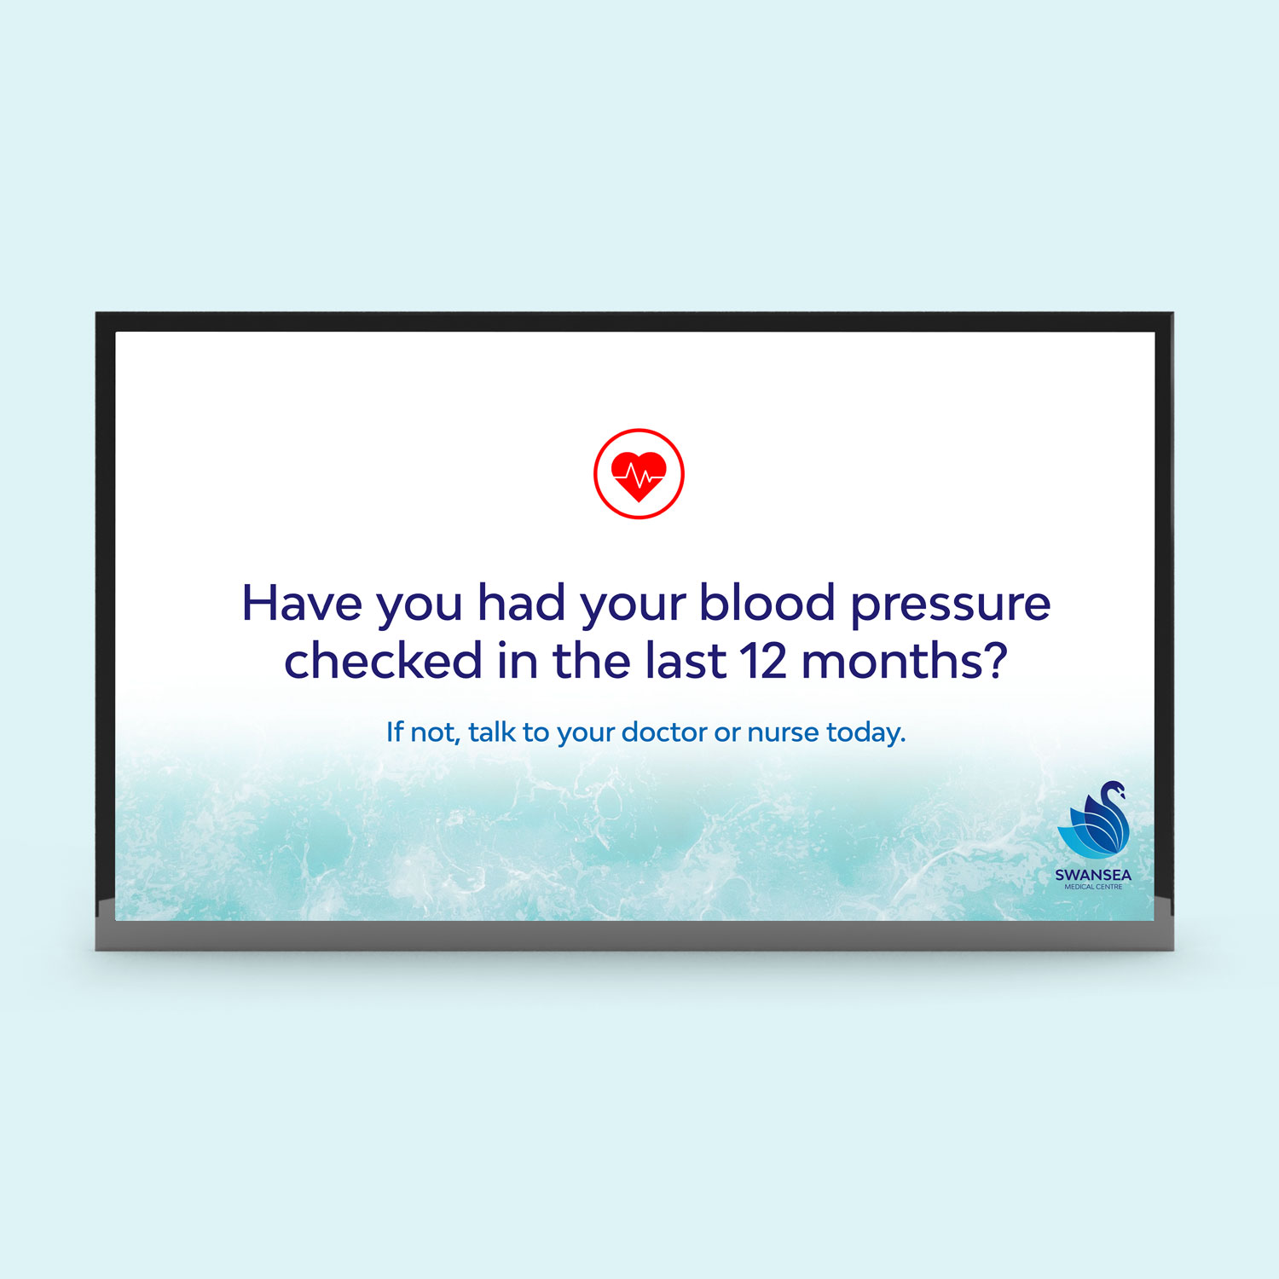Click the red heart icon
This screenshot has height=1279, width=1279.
tap(639, 474)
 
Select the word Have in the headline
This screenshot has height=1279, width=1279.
tap(303, 603)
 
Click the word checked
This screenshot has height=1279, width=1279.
tap(384, 660)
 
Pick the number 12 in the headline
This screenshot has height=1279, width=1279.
tap(763, 662)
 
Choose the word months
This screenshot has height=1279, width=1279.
tap(893, 660)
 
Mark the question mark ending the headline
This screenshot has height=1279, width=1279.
tap(997, 660)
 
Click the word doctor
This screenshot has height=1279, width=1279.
tap(664, 732)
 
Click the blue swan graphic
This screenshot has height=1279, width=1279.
tap(1094, 819)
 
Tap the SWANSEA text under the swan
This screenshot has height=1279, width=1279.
tap(1093, 875)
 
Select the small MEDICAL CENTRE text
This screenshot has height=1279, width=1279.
tap(1093, 887)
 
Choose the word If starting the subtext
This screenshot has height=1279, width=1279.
tap(395, 732)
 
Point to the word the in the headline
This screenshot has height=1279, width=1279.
tap(592, 660)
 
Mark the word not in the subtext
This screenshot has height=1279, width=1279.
tap(435, 732)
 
